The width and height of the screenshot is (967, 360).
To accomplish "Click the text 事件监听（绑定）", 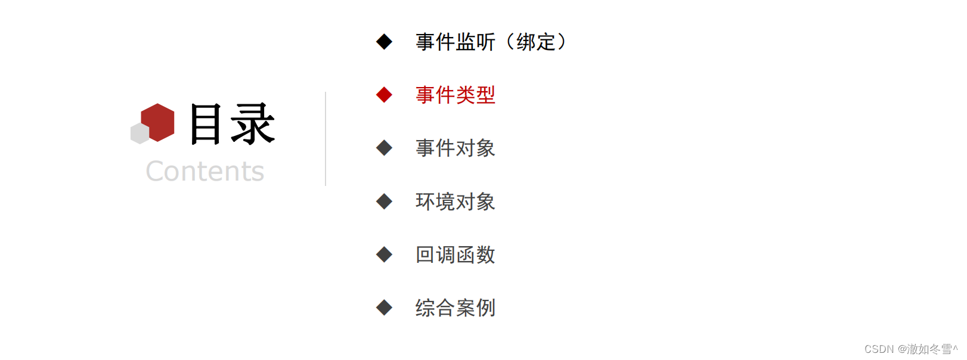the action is pyautogui.click(x=491, y=42).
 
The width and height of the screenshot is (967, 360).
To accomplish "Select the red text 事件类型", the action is pyautogui.click(x=455, y=95).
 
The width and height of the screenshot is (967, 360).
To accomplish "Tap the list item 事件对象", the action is pyautogui.click(x=455, y=148).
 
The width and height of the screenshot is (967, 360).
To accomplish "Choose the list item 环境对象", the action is pyautogui.click(x=455, y=201).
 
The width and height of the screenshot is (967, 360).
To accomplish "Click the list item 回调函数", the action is pyautogui.click(x=455, y=255).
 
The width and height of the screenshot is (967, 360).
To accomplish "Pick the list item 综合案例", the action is pyautogui.click(x=455, y=308).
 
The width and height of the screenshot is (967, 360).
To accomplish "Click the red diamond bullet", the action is pyautogui.click(x=384, y=95).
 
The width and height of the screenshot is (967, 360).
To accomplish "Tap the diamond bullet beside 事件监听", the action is pyautogui.click(x=384, y=42).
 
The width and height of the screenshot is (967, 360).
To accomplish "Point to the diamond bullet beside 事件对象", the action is pyautogui.click(x=384, y=148).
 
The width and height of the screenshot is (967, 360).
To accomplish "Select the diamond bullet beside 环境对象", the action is pyautogui.click(x=384, y=201).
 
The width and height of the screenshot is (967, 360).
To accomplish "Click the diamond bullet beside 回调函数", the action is pyautogui.click(x=384, y=255).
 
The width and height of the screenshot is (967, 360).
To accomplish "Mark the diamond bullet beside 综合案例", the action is pyautogui.click(x=384, y=308).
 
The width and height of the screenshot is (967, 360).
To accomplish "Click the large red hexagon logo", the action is pyautogui.click(x=158, y=122).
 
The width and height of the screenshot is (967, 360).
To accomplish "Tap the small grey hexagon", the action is pyautogui.click(x=140, y=134).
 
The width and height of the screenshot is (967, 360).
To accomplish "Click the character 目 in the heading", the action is pyautogui.click(x=206, y=124).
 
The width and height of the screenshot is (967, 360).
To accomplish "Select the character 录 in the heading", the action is pyautogui.click(x=253, y=124).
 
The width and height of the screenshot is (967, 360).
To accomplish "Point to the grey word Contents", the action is pyautogui.click(x=204, y=171).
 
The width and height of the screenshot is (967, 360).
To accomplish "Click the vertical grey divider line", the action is pyautogui.click(x=326, y=139).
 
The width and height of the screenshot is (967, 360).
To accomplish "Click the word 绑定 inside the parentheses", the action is pyautogui.click(x=536, y=42).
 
